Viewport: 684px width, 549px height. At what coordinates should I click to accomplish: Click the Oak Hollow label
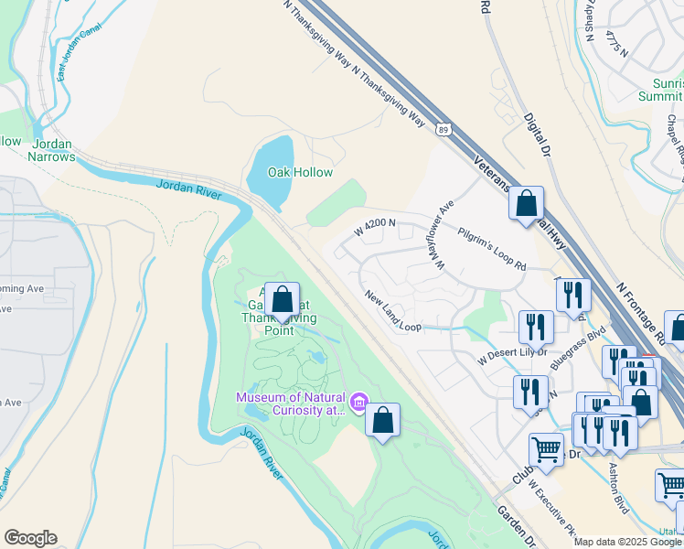299,172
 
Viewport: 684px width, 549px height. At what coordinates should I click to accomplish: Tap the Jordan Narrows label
52,150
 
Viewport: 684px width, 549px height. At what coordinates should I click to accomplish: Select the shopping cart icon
546,449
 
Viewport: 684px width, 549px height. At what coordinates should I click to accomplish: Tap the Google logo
30,538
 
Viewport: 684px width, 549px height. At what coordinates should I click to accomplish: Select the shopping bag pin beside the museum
383,421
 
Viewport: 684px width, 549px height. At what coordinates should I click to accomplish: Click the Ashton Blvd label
618,487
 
